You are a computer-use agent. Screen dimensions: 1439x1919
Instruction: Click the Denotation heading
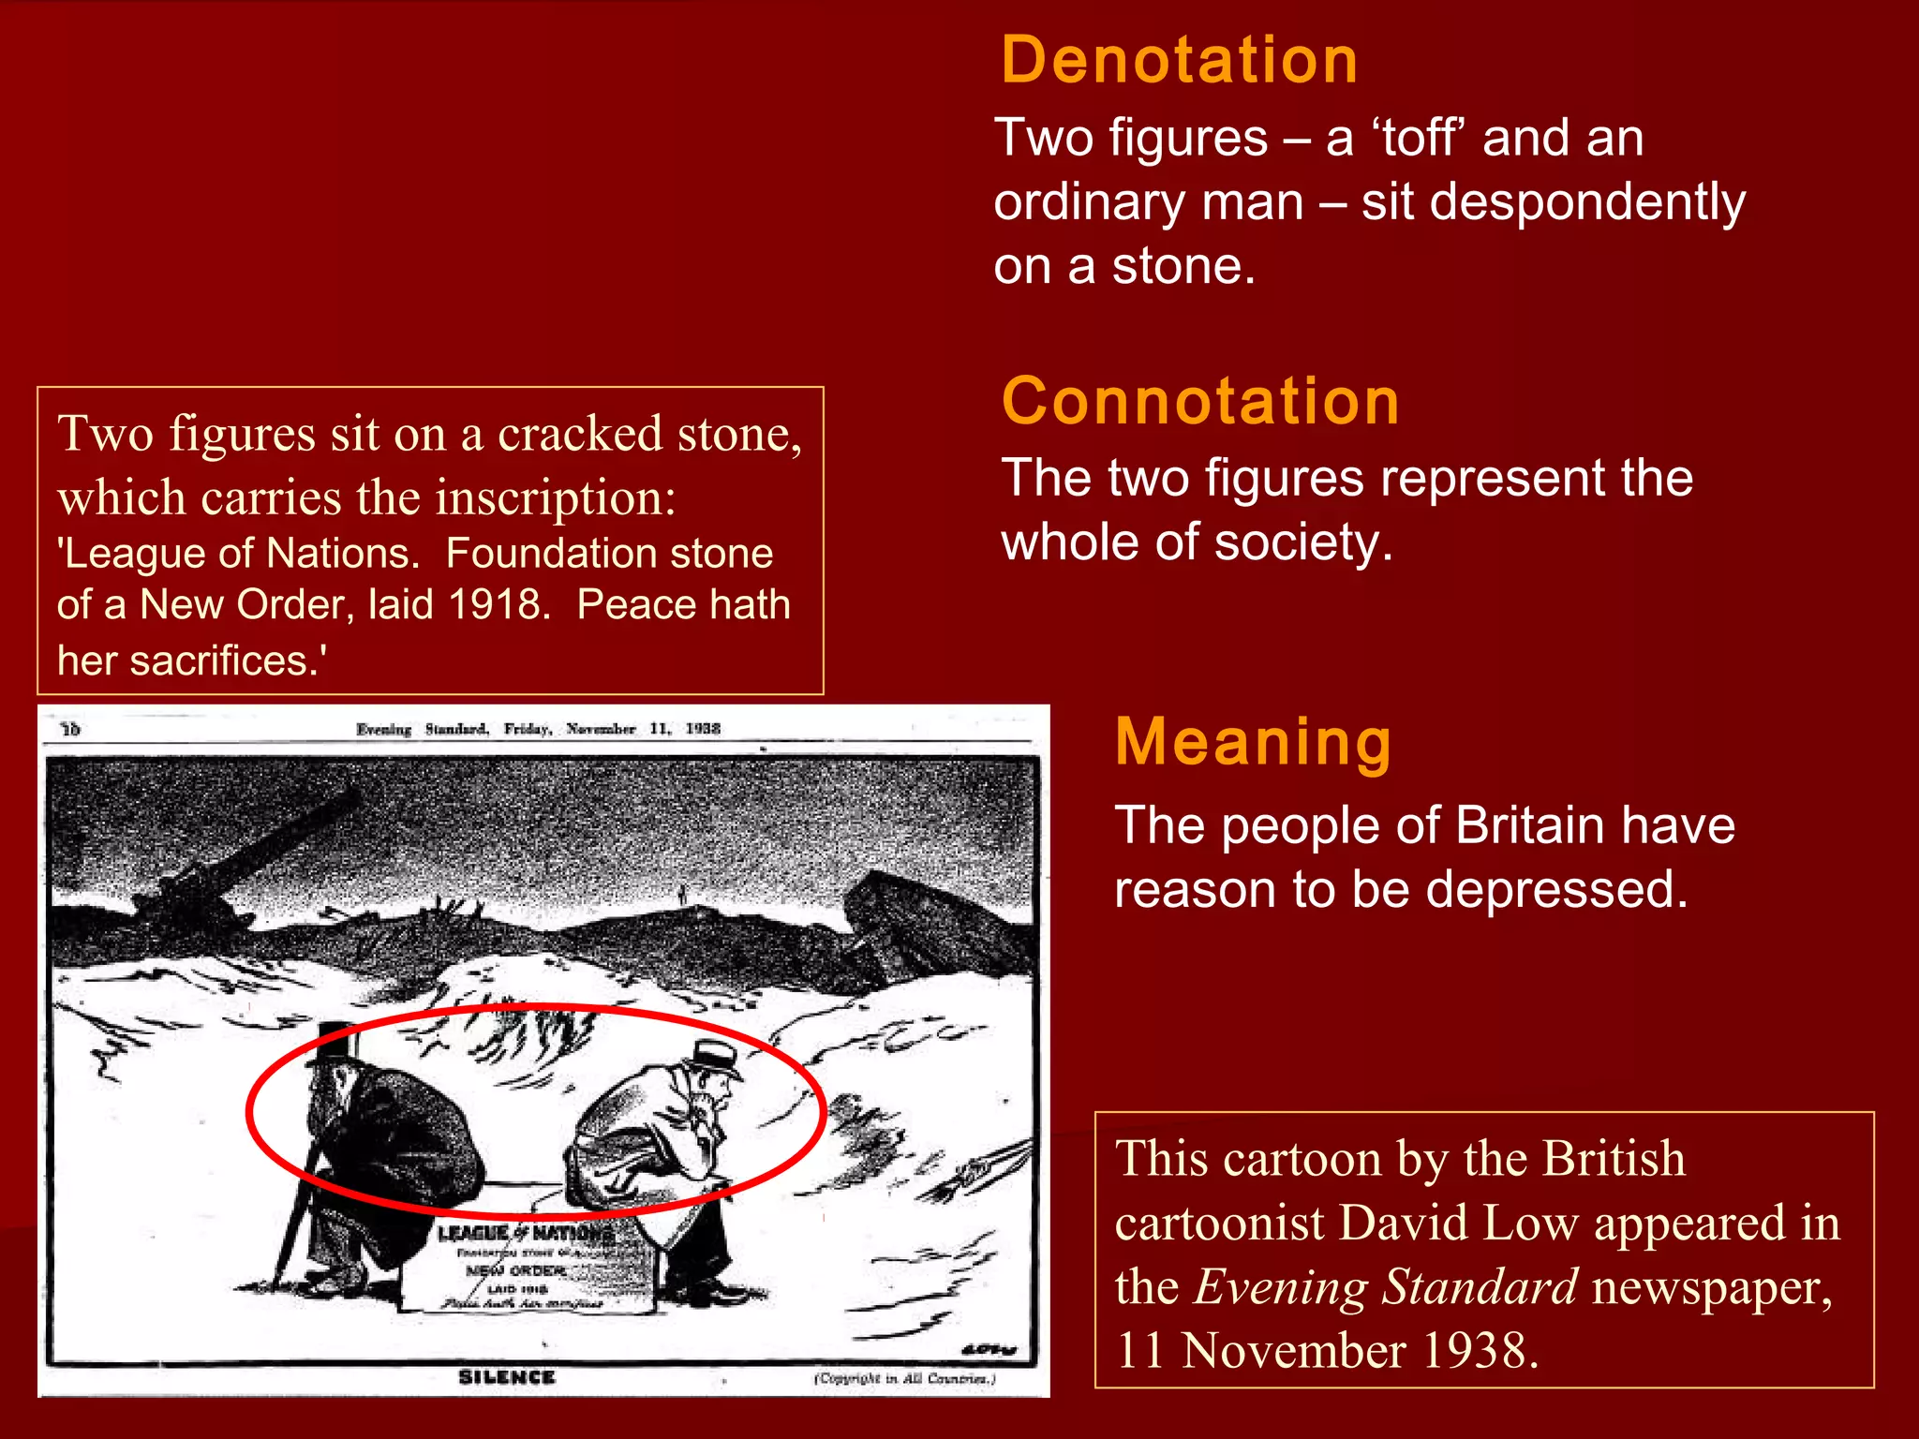pos(1179,60)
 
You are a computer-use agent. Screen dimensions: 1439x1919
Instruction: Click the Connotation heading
pos(1200,401)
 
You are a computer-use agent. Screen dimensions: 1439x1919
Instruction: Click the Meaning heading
pos(1253,742)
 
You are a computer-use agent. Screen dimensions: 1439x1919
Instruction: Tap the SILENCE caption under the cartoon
pos(506,1376)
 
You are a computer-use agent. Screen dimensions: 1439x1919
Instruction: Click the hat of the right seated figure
pos(716,1056)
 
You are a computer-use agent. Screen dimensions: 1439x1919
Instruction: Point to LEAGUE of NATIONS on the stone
pos(525,1234)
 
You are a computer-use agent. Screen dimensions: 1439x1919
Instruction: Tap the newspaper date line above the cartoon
pos(538,729)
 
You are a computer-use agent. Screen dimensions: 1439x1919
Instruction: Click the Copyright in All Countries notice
pos(904,1378)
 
